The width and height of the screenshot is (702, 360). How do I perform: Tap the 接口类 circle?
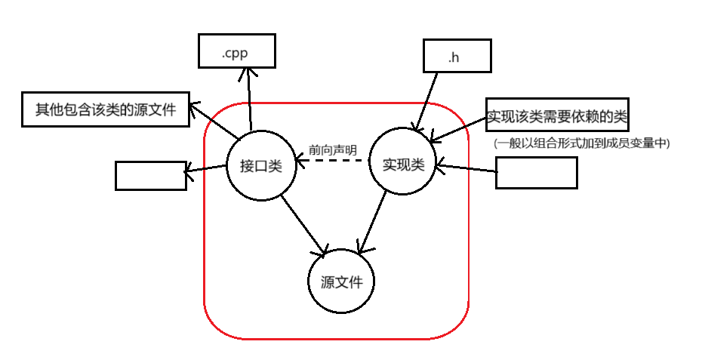coord(260,167)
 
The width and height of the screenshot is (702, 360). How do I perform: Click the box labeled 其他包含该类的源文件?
coord(106,110)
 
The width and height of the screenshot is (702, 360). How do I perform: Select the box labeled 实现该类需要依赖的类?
coord(557,117)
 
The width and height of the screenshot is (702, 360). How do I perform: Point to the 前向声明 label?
coord(333,149)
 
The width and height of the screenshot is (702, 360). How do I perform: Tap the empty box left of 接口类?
coord(150,176)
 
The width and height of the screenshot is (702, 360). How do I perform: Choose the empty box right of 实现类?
coord(536,173)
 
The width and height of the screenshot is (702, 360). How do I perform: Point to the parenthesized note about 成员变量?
coord(582,142)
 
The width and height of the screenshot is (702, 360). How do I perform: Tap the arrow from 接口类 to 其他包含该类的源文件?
coord(214,122)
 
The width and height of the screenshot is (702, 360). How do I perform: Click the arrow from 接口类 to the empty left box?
coord(206,169)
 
